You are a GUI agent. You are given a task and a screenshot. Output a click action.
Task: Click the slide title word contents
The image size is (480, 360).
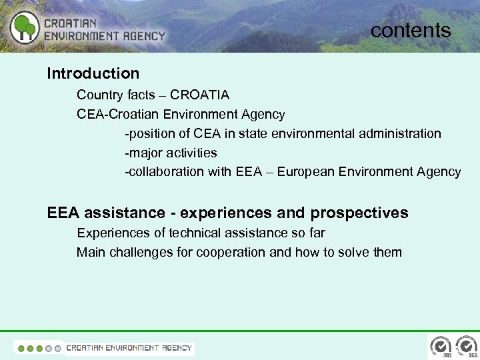tap(411, 30)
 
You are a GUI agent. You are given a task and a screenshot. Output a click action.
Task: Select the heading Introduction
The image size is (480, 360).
tap(93, 73)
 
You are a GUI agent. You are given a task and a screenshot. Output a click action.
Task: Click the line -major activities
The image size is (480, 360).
tap(171, 153)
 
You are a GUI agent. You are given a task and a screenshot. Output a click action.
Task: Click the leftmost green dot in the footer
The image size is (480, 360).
tap(21, 348)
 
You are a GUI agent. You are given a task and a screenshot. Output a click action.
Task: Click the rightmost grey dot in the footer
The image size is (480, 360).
tap(58, 348)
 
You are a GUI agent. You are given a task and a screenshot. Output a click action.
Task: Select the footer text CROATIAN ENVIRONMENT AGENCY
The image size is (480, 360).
tap(129, 348)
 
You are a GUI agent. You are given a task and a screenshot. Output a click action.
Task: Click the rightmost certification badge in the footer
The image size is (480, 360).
tap(464, 347)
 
